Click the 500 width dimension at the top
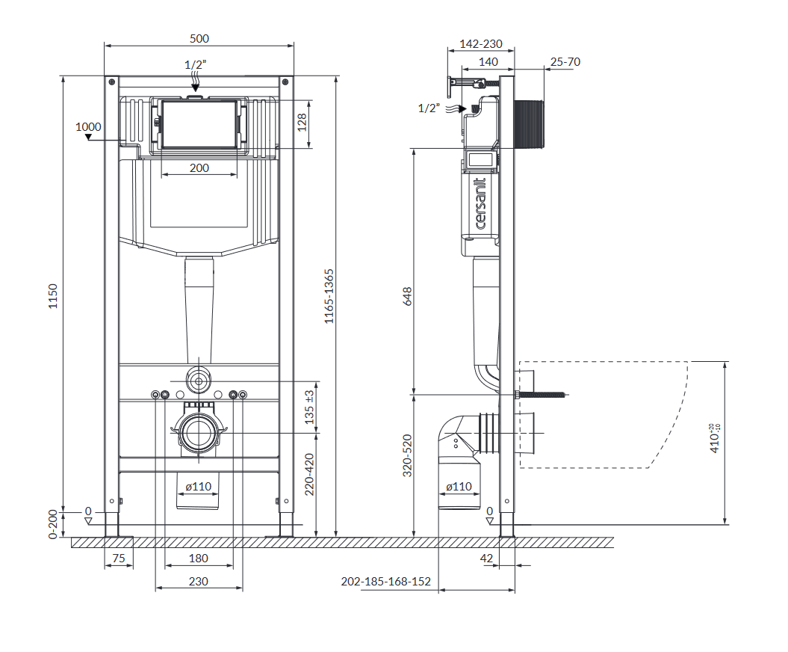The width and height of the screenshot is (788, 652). (199, 39)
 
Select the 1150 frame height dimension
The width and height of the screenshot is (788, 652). (53, 296)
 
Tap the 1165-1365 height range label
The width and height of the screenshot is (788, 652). (329, 296)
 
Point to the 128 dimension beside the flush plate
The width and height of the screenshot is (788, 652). (302, 123)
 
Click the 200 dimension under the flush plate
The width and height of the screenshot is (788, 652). (199, 168)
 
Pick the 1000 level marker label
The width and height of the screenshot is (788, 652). (88, 127)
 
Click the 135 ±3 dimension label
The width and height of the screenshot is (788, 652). (309, 407)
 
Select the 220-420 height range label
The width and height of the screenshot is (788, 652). (309, 474)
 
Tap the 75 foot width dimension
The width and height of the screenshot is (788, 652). (119, 558)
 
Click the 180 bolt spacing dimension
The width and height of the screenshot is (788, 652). (199, 558)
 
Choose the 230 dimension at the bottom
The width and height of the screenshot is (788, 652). (199, 581)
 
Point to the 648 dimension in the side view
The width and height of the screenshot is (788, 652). (408, 296)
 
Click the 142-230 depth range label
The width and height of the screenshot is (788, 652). (481, 44)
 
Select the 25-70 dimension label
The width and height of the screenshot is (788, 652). (565, 62)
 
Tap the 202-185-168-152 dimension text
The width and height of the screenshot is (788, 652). (386, 581)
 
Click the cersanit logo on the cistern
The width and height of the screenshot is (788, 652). (481, 203)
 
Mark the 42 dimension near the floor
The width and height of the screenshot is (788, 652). (486, 558)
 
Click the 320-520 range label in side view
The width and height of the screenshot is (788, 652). (408, 456)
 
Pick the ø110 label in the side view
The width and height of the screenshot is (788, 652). (459, 487)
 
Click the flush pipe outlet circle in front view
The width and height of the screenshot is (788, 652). (199, 381)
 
